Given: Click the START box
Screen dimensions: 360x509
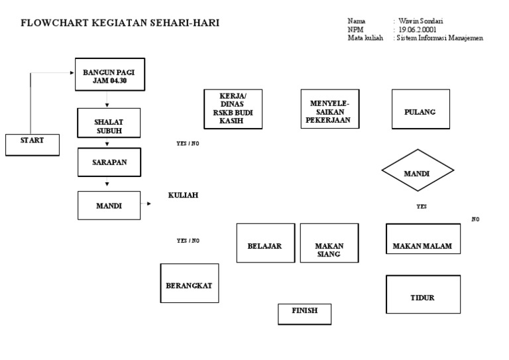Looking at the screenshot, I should click(32, 144).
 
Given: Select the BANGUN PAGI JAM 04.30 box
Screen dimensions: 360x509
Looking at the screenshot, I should click(109, 75).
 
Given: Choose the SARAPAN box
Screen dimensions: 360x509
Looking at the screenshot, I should click(109, 162).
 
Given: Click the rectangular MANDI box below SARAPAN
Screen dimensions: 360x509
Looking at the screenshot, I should click(109, 206).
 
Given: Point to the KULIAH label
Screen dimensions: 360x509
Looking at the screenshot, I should click(184, 195).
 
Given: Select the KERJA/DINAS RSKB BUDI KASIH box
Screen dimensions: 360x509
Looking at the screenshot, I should click(233, 108).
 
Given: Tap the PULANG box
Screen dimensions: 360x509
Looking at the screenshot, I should click(420, 112).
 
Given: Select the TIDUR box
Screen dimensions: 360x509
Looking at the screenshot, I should click(422, 297).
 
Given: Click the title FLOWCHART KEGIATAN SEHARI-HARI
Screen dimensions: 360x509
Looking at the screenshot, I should click(120, 23).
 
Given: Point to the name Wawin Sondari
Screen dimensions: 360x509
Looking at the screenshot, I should click(420, 21).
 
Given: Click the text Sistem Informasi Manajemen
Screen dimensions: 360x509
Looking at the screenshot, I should click(440, 38).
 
